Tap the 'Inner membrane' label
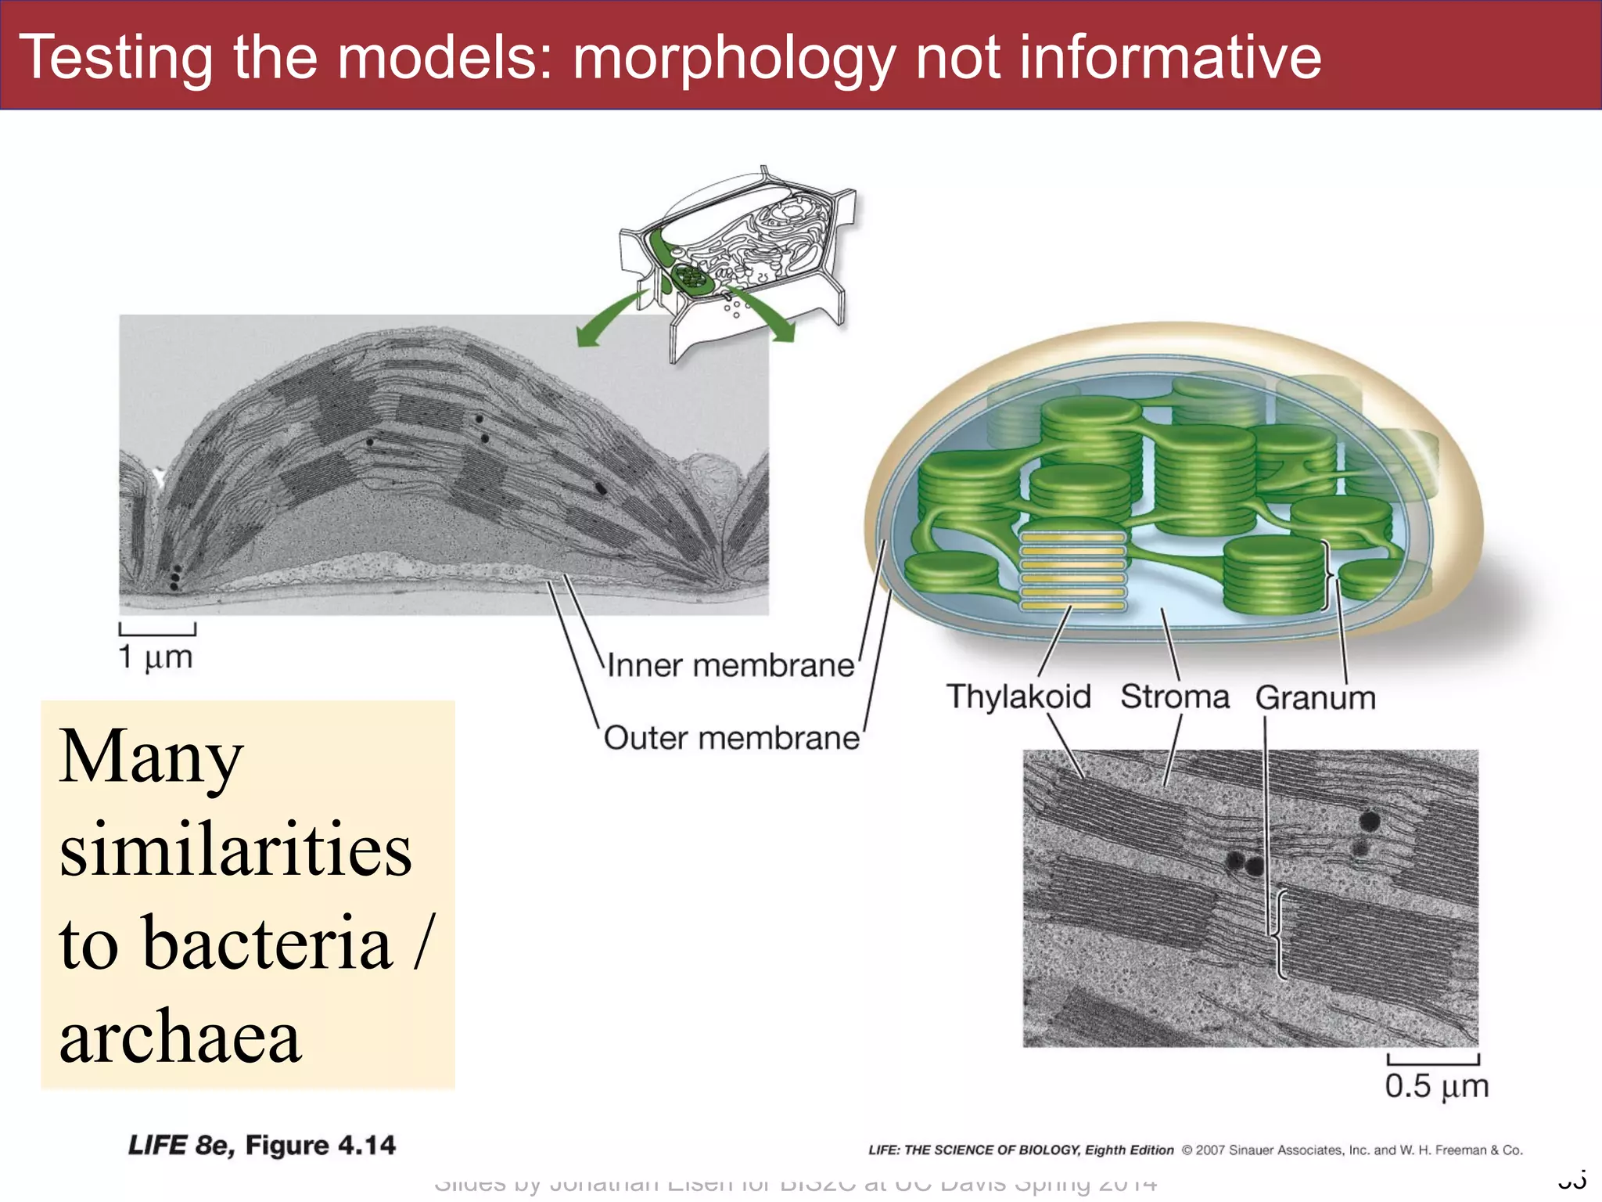[731, 666]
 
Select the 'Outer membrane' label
[731, 739]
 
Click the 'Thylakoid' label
[1018, 696]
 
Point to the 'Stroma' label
[1174, 696]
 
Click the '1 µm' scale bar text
[155, 657]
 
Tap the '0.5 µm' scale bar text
[1436, 1086]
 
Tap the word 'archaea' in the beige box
[180, 1037]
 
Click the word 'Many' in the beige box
[151, 757]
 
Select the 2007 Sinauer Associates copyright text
[1352, 1150]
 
